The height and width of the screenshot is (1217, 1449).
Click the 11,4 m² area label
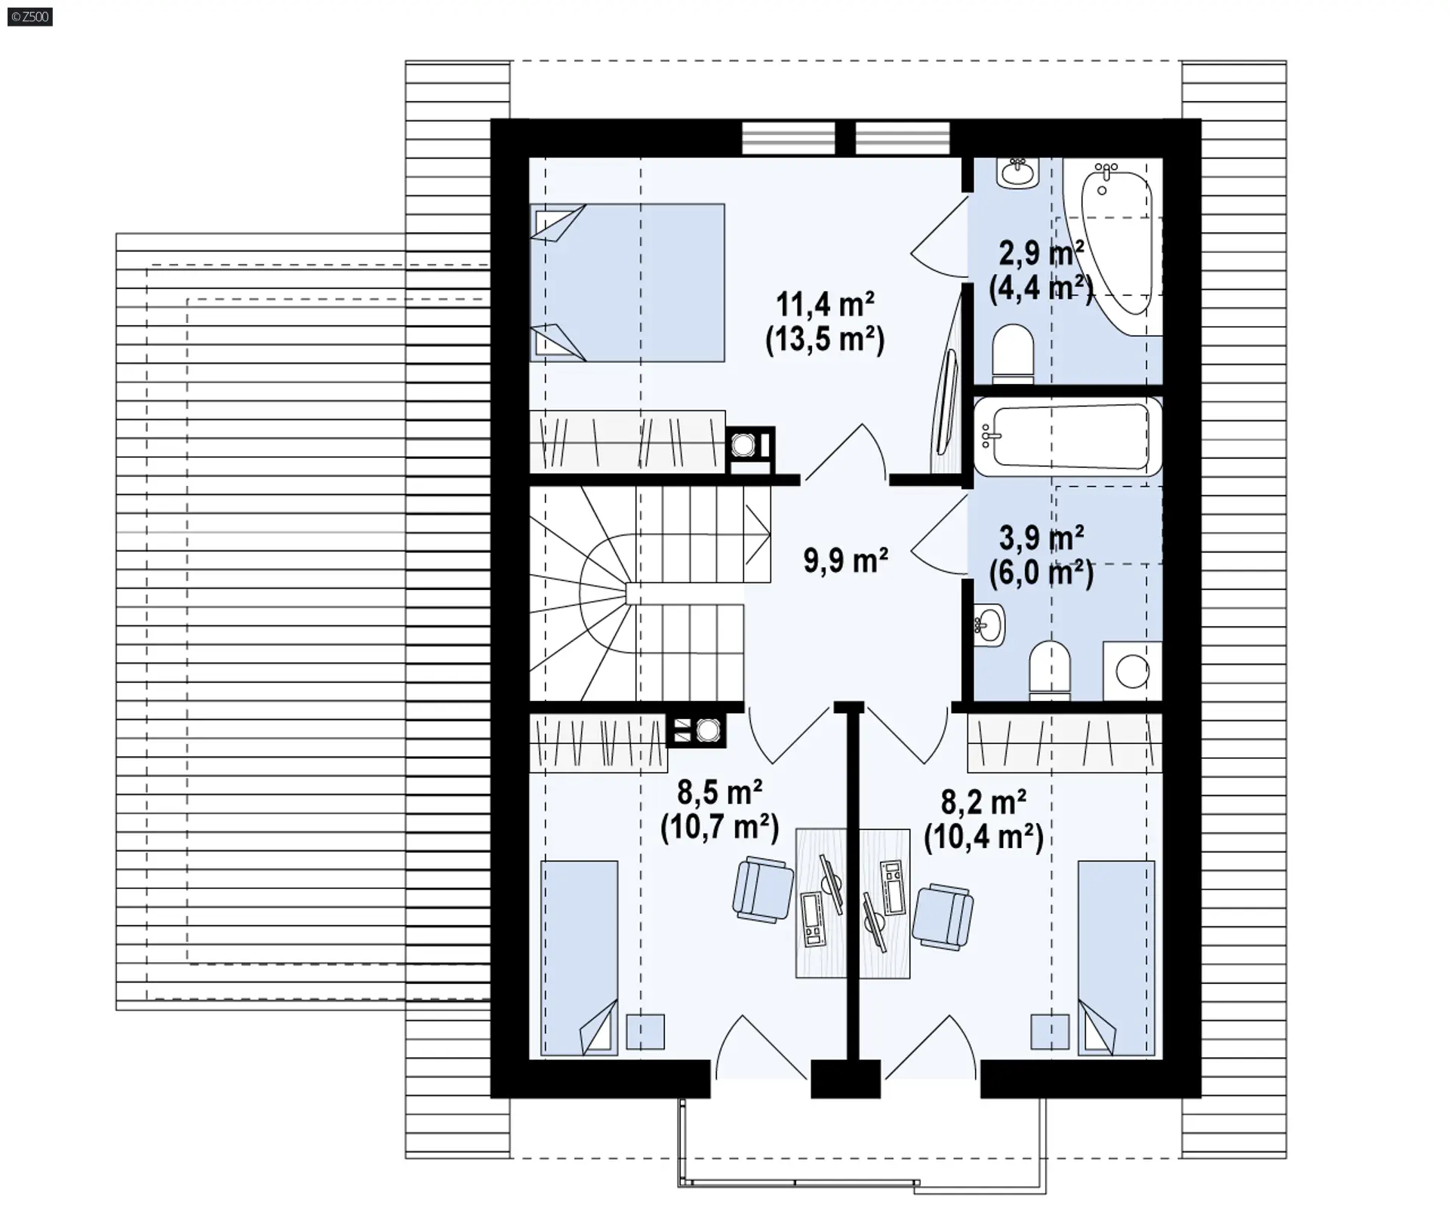point(825,305)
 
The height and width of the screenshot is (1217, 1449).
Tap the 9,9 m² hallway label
point(845,561)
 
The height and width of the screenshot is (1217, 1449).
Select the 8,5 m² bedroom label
point(719,793)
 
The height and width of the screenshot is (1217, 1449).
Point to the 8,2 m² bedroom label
point(983,802)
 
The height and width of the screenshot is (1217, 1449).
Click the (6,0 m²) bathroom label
point(1041,574)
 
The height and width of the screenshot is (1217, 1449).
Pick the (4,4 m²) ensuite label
point(1041,288)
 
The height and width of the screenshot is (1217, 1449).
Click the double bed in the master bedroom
point(627,283)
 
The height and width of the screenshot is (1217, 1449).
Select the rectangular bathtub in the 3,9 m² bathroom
point(1067,437)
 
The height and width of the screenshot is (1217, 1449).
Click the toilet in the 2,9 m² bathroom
point(1012,352)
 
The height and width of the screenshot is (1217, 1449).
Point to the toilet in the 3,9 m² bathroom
point(1050,668)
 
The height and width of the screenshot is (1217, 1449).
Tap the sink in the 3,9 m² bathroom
point(989,625)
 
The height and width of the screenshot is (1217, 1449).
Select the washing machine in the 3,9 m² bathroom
point(1132,671)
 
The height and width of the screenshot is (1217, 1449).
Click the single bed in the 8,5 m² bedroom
point(579,957)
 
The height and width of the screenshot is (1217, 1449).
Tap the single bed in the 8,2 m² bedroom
point(1116,957)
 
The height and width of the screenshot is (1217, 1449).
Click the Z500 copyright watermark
point(30,16)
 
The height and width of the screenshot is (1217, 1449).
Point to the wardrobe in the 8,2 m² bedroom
point(1064,744)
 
